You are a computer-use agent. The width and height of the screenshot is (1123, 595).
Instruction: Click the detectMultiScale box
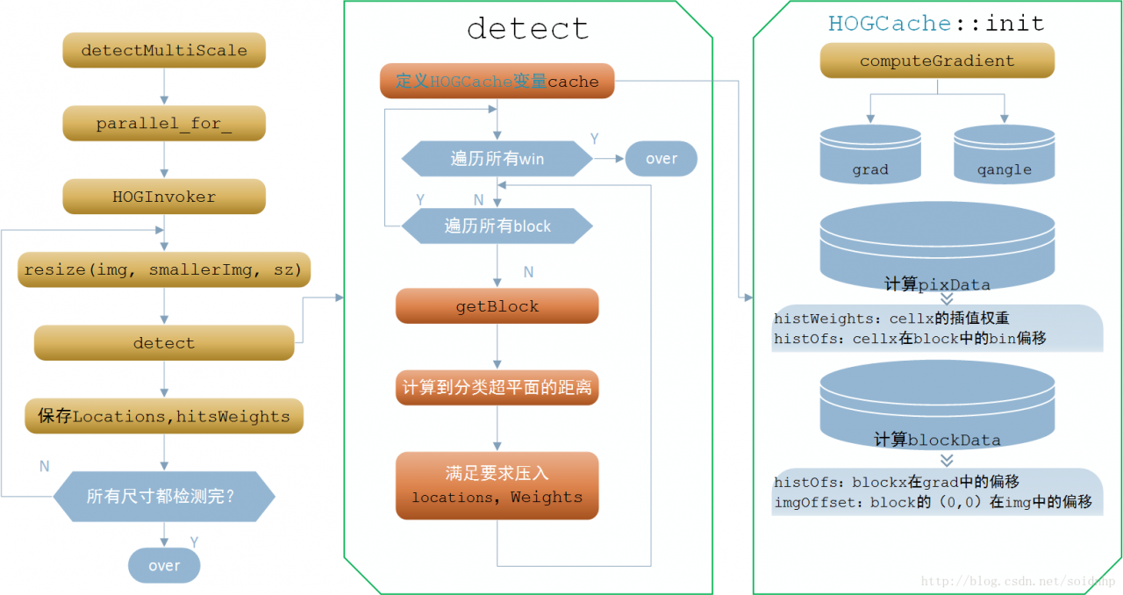[164, 50]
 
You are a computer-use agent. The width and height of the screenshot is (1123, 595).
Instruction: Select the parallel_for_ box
[164, 123]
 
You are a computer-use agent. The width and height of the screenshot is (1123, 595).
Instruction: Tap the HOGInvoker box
[164, 197]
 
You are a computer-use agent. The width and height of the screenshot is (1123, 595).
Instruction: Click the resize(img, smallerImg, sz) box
[164, 269]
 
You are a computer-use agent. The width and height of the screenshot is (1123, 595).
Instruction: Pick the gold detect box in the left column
[164, 342]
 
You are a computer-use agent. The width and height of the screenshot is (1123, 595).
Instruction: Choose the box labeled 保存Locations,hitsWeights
[164, 416]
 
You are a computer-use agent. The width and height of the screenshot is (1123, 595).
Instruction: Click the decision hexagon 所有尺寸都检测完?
[164, 496]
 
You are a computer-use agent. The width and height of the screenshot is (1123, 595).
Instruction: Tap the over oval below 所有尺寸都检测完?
[164, 565]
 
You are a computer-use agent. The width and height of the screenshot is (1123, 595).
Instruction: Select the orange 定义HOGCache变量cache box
[497, 81]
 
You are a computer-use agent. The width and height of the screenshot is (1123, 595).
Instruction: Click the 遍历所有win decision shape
[497, 159]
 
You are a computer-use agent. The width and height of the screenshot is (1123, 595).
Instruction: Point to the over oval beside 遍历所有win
[662, 159]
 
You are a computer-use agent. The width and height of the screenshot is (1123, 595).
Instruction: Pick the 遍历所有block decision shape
[497, 226]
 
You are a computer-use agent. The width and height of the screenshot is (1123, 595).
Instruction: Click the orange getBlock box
[497, 306]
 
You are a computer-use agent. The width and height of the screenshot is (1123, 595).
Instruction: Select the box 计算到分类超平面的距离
[497, 387]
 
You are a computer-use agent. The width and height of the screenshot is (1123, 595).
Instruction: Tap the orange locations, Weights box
[497, 485]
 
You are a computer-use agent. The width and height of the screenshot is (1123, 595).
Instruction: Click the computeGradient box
[937, 61]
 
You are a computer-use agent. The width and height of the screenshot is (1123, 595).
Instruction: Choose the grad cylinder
[870, 154]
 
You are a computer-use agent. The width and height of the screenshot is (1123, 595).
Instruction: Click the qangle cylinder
[1005, 154]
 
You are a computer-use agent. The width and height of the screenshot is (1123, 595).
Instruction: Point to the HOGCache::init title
[936, 23]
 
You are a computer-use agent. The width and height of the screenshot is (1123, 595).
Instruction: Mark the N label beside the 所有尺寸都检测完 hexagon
[45, 466]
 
